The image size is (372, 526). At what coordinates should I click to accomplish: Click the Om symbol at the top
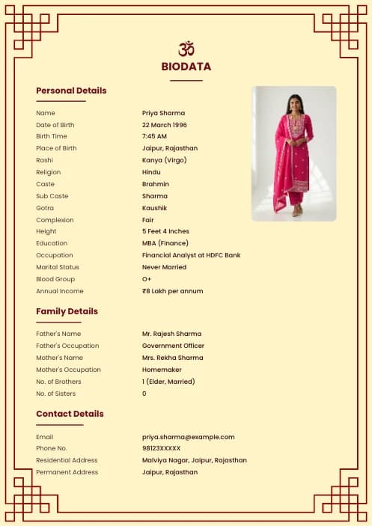click(186, 49)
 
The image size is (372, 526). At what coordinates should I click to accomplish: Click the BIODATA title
click(186, 67)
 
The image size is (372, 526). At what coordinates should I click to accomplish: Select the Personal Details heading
click(71, 91)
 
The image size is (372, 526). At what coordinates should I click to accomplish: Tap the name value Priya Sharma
click(163, 113)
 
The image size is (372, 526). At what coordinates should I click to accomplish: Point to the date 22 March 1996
click(165, 125)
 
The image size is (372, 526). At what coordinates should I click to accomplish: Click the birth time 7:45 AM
click(154, 136)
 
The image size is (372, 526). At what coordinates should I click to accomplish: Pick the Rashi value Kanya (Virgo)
click(165, 160)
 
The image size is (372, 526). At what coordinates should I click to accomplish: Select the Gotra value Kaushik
click(155, 208)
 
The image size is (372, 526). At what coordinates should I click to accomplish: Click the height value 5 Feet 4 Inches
click(165, 231)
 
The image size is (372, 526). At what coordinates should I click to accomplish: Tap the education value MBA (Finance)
click(165, 243)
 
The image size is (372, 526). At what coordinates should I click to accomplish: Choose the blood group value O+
click(147, 279)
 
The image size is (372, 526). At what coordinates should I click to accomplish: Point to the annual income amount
click(172, 291)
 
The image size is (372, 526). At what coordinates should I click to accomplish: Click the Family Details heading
click(67, 311)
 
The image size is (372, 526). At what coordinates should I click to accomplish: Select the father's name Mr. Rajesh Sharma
click(171, 334)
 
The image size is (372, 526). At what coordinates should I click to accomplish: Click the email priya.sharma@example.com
click(189, 437)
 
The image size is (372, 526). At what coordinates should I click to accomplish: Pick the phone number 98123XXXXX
click(161, 448)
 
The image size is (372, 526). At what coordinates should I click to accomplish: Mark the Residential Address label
click(67, 460)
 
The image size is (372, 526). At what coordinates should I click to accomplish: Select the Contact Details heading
click(70, 414)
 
